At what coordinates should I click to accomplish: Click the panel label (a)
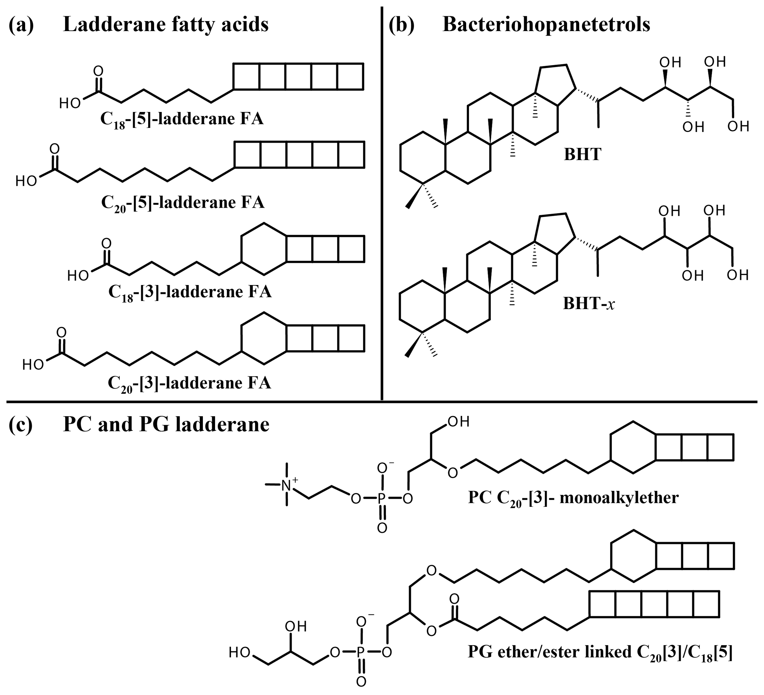coord(21,25)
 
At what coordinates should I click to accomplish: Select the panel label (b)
coord(402,25)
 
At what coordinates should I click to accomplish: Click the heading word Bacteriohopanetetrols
coord(546,25)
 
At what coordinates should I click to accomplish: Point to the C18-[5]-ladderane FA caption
coord(181,119)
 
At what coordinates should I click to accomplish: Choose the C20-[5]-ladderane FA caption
coord(182,203)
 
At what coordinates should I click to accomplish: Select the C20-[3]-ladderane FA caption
coord(189,383)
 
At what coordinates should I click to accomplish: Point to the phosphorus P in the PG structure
coord(361,652)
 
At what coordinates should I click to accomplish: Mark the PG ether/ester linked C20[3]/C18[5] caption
coord(600,652)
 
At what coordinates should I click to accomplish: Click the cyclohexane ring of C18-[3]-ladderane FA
coord(264,249)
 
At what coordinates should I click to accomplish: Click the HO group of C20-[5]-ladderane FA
coord(26,182)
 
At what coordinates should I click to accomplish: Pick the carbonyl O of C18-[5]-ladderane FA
coord(98,71)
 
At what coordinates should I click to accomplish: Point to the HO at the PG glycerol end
coord(240,652)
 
